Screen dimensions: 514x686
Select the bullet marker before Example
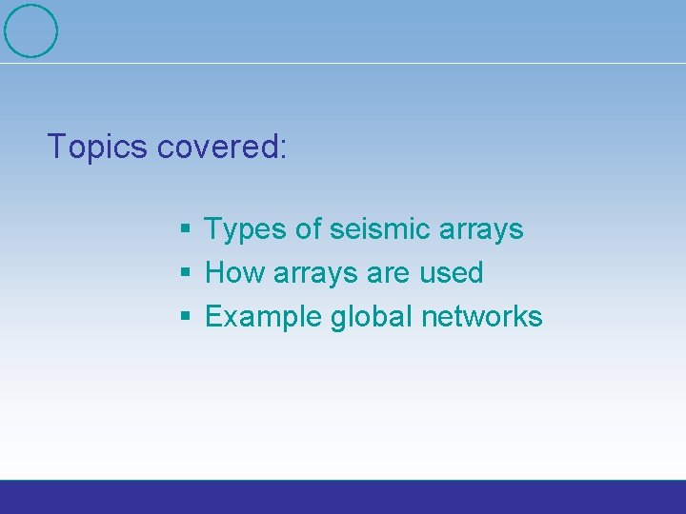186,317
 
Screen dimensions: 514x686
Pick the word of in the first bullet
309,229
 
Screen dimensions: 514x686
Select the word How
235,273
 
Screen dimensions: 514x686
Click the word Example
264,317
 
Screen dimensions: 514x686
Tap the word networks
485,316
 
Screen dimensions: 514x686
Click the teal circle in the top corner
31,30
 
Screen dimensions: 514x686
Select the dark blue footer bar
343,497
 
